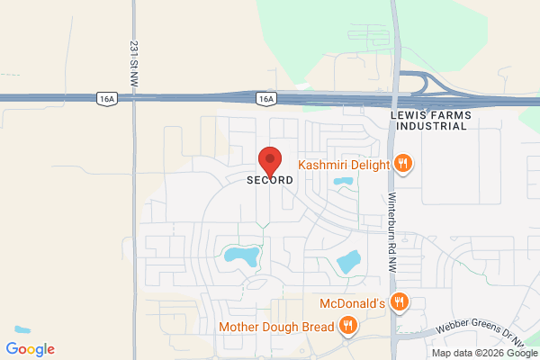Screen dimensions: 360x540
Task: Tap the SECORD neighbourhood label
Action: [270, 180]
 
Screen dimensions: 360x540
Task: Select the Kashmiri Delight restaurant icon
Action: [403, 164]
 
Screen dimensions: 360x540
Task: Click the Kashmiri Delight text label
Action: [344, 165]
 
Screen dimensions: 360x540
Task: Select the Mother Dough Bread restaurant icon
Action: [346, 325]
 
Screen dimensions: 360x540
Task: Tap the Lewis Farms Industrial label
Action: [429, 121]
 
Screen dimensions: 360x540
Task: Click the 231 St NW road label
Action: [133, 58]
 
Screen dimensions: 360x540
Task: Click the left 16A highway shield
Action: [106, 96]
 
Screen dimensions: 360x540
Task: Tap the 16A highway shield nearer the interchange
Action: [265, 96]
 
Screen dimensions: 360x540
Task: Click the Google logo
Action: [30, 349]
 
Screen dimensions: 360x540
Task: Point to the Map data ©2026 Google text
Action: [486, 352]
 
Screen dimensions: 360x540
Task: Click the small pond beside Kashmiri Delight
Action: [343, 183]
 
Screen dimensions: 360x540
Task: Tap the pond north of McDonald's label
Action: [347, 262]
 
